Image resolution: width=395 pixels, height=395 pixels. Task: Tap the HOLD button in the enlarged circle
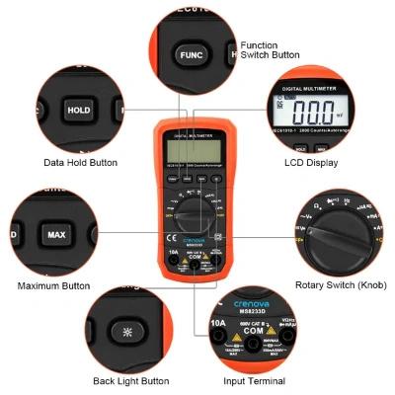click(78, 111)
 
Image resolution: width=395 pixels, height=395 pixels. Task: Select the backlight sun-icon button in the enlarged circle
click(127, 327)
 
